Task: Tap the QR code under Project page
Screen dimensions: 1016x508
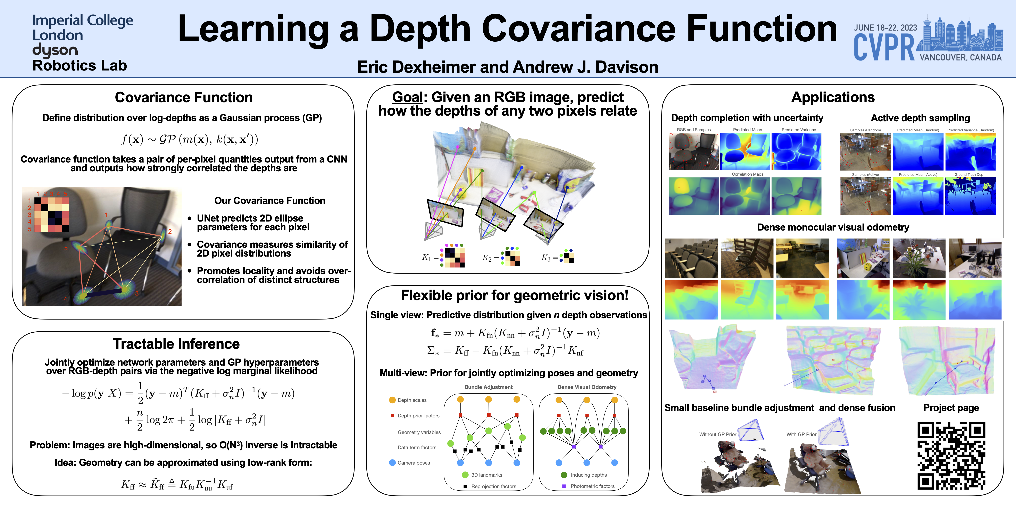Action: click(x=951, y=456)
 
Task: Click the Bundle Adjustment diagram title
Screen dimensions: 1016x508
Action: click(x=488, y=387)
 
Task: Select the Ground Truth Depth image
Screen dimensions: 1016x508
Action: click(x=970, y=196)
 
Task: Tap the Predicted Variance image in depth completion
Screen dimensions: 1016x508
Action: click(x=796, y=151)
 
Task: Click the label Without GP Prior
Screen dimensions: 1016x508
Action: click(x=717, y=434)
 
